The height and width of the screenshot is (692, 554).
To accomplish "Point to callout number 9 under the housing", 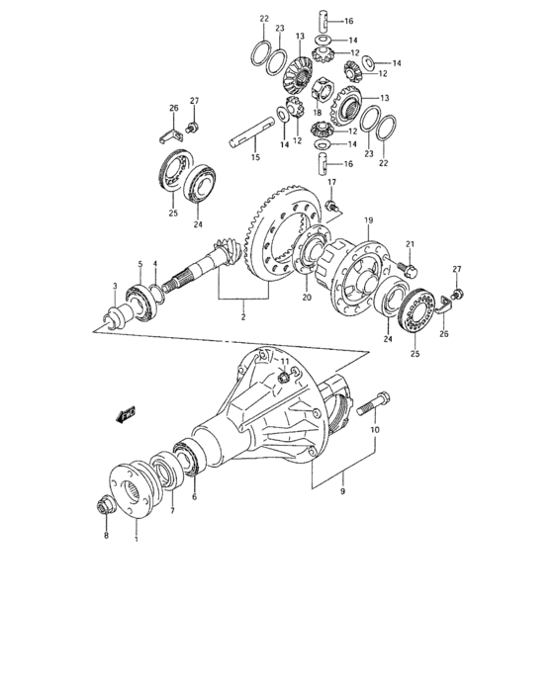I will pyautogui.click(x=343, y=488).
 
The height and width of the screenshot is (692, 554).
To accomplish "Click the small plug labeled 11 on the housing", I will pyautogui.click(x=284, y=377).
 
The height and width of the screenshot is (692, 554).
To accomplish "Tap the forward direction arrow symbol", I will pyautogui.click(x=127, y=416).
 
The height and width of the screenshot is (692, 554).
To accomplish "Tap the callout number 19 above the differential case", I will pyautogui.click(x=367, y=219).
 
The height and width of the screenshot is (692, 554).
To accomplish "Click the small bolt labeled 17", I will pyautogui.click(x=334, y=205).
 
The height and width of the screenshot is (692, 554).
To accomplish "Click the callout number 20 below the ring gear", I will pyautogui.click(x=306, y=297).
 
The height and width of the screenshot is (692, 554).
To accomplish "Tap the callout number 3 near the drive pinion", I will pyautogui.click(x=115, y=286).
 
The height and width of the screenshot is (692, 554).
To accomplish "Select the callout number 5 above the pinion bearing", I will pyautogui.click(x=140, y=265).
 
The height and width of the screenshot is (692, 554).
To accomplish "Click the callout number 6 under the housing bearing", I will pyautogui.click(x=194, y=497).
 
